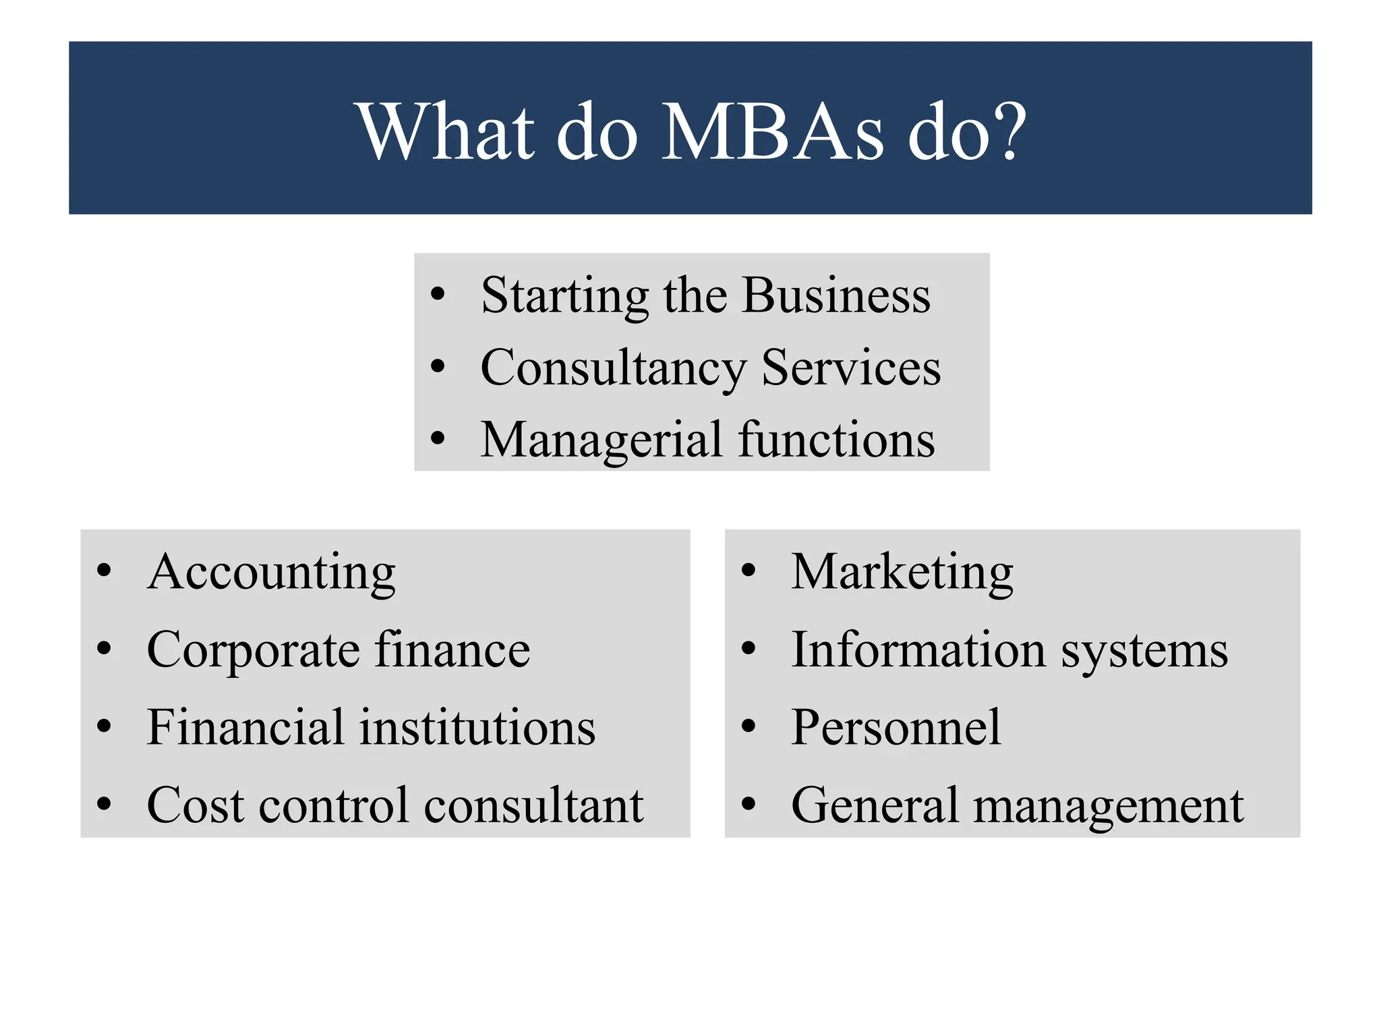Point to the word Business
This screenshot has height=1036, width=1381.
point(836,296)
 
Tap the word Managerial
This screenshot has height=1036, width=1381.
point(602,440)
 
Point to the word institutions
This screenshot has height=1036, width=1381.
point(477,728)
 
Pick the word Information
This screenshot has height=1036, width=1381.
point(918,650)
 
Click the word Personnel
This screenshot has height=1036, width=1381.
point(896,728)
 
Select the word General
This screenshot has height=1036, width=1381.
point(875,805)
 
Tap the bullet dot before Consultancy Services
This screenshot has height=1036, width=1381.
point(438,366)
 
